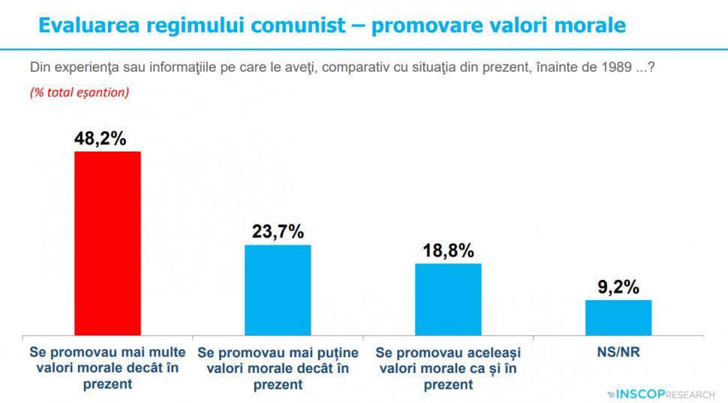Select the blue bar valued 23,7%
pyautogui.click(x=278, y=289)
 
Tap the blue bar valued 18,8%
pyautogui.click(x=448, y=298)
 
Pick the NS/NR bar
pyautogui.click(x=618, y=317)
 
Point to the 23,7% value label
pyautogui.click(x=277, y=232)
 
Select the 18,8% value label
pyautogui.click(x=447, y=251)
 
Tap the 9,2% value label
pyautogui.click(x=618, y=287)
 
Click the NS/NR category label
pyautogui.click(x=618, y=351)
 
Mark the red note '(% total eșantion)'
pyautogui.click(x=79, y=92)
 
